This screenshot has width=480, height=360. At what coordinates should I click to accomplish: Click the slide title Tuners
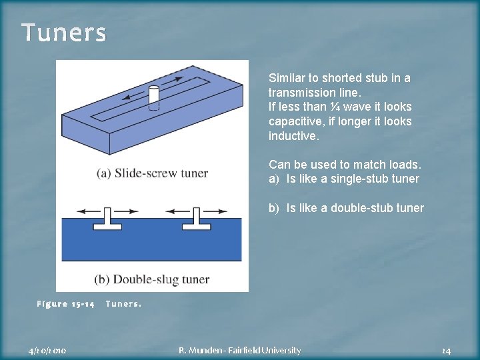point(63,33)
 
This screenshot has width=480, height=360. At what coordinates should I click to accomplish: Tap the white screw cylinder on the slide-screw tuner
point(153,96)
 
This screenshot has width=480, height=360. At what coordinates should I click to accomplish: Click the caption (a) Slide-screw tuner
point(153,173)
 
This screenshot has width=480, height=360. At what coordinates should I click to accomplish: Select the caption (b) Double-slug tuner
point(153,279)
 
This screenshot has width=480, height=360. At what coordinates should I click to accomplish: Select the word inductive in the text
point(294,136)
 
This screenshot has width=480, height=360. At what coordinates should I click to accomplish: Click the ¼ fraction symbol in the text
point(341,107)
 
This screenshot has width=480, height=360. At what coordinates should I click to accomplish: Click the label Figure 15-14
point(65,304)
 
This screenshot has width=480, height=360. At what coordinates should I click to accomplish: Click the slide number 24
point(446,350)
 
